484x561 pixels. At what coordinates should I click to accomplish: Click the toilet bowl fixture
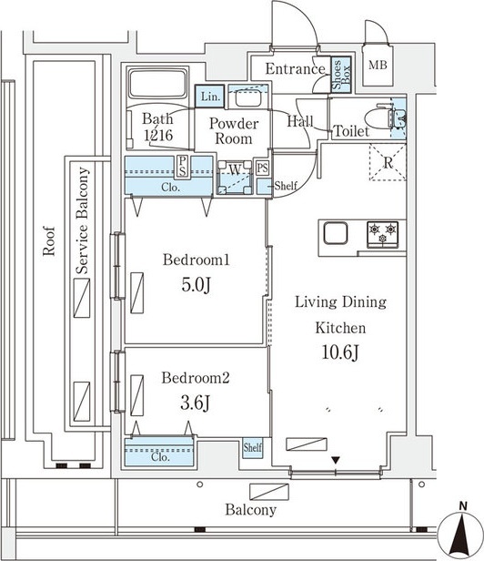click(379, 117)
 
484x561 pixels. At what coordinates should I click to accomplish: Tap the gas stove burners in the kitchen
click(382, 234)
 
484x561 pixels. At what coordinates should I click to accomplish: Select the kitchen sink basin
click(336, 233)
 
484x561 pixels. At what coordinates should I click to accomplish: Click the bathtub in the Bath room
click(157, 85)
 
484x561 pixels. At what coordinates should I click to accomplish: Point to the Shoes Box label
click(341, 75)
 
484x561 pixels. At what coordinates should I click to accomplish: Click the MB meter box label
click(378, 66)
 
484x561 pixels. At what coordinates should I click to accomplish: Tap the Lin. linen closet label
click(210, 97)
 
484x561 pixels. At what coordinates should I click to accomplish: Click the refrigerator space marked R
click(388, 162)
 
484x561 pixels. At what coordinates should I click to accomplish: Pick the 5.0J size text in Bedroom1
click(196, 285)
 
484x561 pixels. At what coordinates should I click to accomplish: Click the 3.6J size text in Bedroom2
click(195, 403)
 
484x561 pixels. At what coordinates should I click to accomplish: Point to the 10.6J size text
click(340, 352)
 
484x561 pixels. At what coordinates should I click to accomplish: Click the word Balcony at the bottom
click(250, 510)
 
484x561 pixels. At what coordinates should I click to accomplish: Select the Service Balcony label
click(82, 220)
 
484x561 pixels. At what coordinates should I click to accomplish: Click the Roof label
click(49, 240)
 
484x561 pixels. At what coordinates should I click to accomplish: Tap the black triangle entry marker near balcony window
click(336, 460)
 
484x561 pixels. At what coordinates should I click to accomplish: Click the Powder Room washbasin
click(248, 97)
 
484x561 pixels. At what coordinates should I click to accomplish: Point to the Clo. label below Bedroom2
click(160, 457)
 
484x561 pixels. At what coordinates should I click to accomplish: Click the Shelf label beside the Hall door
click(286, 186)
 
